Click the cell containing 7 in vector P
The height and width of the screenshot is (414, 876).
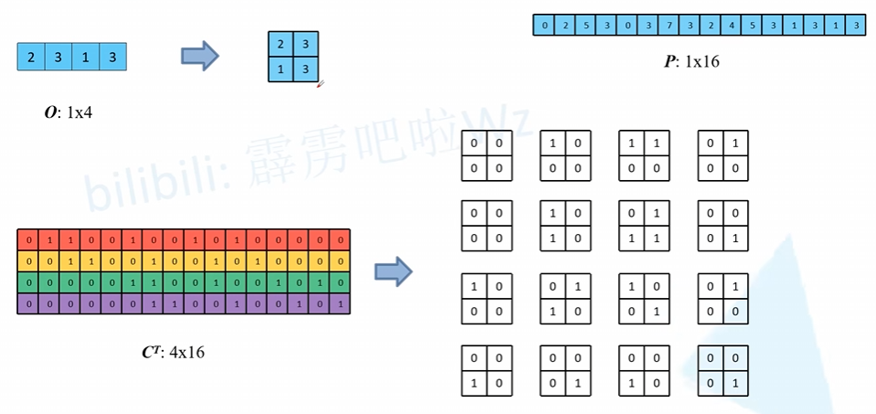tap(668, 25)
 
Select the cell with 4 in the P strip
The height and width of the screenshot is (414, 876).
tap(730, 25)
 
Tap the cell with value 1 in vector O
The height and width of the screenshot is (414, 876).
tap(85, 58)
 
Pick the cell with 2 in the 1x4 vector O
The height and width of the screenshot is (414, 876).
tap(31, 58)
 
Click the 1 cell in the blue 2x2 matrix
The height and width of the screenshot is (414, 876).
tap(281, 69)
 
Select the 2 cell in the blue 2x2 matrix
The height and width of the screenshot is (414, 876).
tap(281, 44)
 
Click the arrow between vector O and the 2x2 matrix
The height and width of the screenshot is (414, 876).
tap(199, 57)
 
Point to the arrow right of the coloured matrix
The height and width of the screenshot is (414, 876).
tap(393, 271)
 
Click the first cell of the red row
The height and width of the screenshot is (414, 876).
tap(28, 240)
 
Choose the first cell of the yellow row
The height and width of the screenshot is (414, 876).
tap(28, 261)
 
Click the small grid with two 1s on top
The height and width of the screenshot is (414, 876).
tap(644, 156)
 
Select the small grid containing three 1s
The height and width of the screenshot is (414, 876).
tap(644, 224)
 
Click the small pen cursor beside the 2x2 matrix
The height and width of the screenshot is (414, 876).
tap(320, 84)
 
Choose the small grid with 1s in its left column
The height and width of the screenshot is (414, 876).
tap(565, 224)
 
